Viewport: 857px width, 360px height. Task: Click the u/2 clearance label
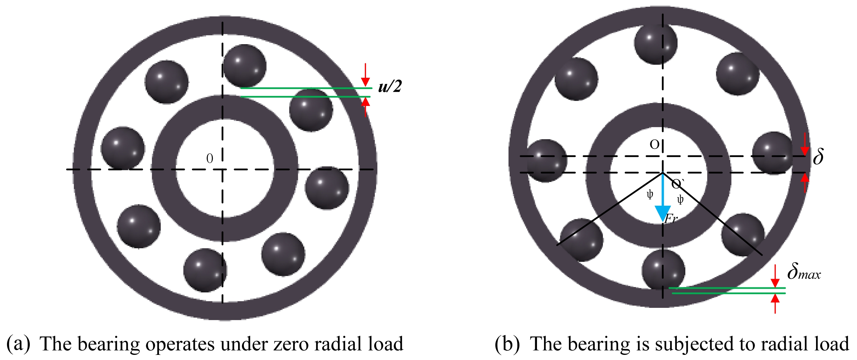point(389,86)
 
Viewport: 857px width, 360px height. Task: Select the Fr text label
point(671,219)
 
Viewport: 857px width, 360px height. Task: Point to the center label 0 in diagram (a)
point(210,159)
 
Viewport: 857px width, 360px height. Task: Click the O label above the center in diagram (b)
point(654,144)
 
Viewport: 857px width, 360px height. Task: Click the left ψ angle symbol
point(650,195)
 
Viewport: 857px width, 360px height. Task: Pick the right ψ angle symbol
point(680,200)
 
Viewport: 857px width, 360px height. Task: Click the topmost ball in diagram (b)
point(656,43)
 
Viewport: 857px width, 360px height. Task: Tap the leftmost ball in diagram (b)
point(546,161)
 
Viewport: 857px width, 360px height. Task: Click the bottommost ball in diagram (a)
point(205,270)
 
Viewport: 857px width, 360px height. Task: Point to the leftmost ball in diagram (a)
point(123,148)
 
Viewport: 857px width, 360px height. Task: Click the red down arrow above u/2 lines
point(365,75)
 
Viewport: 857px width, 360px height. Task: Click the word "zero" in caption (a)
point(289,344)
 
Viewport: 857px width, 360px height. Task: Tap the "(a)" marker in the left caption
point(18,344)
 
